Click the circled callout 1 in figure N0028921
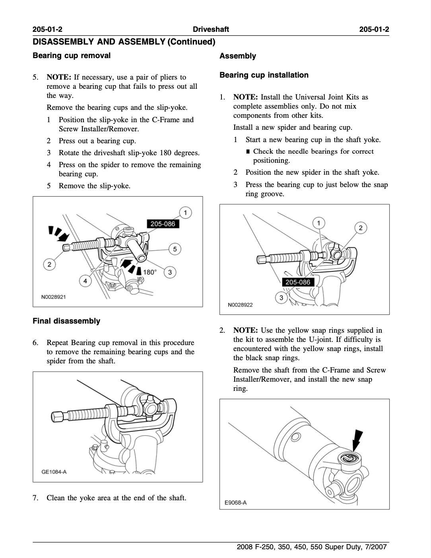coord(185,212)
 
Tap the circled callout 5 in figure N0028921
coord(175,249)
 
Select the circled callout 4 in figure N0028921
coord(85,281)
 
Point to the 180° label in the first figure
coord(149,272)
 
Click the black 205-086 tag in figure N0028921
coord(163,224)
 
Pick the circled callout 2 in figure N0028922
coord(360,228)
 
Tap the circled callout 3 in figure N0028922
coord(282,298)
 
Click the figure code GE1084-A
coord(54,472)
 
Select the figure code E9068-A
coord(236,502)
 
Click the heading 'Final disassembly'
coord(66,321)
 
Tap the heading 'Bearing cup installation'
coord(264,75)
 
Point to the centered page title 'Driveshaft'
coord(211,29)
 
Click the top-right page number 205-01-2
coord(374,29)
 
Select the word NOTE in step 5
coord(58,77)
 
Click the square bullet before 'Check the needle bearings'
coord(248,152)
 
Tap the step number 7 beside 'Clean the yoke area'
coord(35,498)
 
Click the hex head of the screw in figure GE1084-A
coord(57,417)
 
